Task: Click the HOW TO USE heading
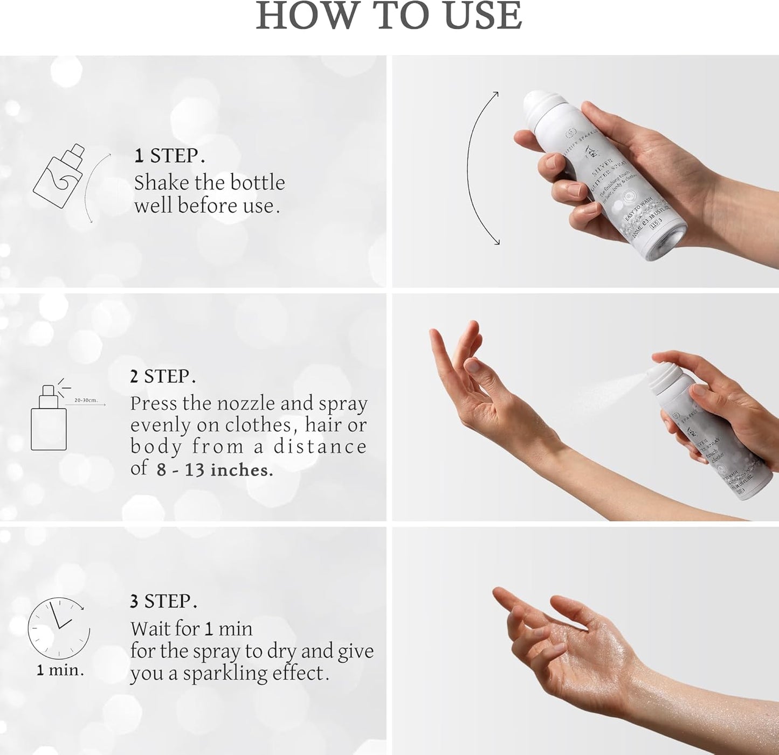coord(389,16)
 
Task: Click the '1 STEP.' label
coord(169,156)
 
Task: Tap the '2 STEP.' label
coord(163,376)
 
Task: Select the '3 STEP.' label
coord(163,601)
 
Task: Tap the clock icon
coord(58,628)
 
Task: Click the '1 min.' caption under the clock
coord(60,670)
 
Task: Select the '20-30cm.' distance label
coord(86,401)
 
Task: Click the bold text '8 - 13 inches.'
coord(215,470)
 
